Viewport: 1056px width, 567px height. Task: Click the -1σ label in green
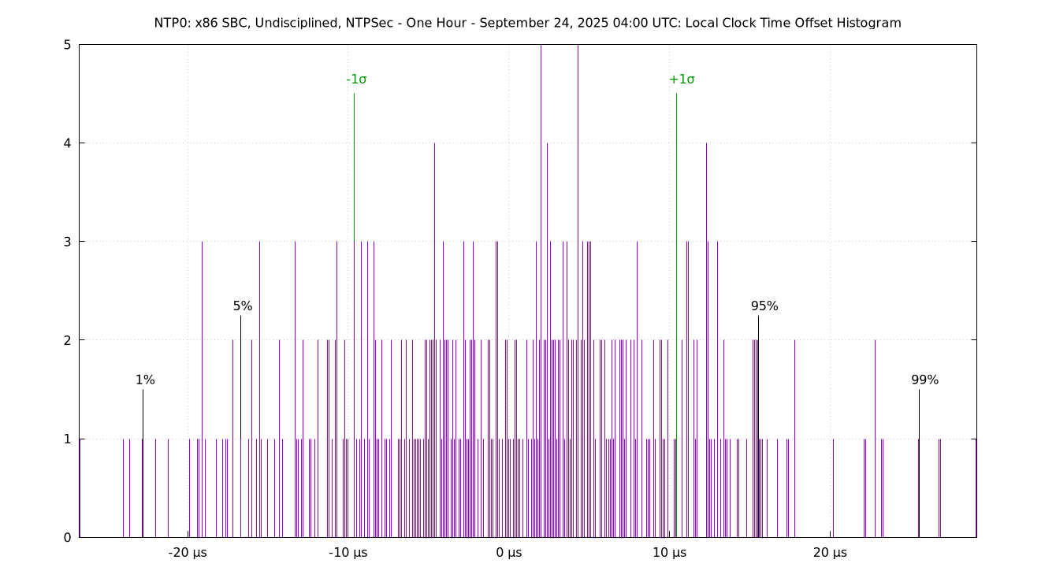tap(356, 79)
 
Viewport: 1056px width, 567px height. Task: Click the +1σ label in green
tap(682, 79)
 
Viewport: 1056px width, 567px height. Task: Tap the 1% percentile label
tap(145, 380)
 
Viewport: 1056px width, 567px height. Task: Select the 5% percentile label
tap(243, 306)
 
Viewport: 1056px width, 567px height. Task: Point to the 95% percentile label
tap(764, 306)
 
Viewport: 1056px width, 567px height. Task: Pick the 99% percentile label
tap(925, 380)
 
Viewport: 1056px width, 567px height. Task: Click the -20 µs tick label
tap(188, 553)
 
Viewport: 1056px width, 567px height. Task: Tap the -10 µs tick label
tap(348, 553)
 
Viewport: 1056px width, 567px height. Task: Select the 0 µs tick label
tap(509, 553)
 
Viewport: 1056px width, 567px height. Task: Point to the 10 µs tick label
tap(669, 553)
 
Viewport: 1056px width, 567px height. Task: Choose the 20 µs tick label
tap(830, 553)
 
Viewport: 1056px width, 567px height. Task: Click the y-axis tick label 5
tap(68, 45)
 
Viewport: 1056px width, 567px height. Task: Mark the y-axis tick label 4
tap(68, 143)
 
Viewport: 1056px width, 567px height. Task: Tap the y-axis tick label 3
tap(68, 242)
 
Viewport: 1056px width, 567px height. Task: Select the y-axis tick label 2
tap(68, 340)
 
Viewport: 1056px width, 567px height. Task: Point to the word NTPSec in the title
tap(369, 23)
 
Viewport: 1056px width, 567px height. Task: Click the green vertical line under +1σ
tap(676, 315)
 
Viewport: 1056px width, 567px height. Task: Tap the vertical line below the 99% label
tap(919, 465)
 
